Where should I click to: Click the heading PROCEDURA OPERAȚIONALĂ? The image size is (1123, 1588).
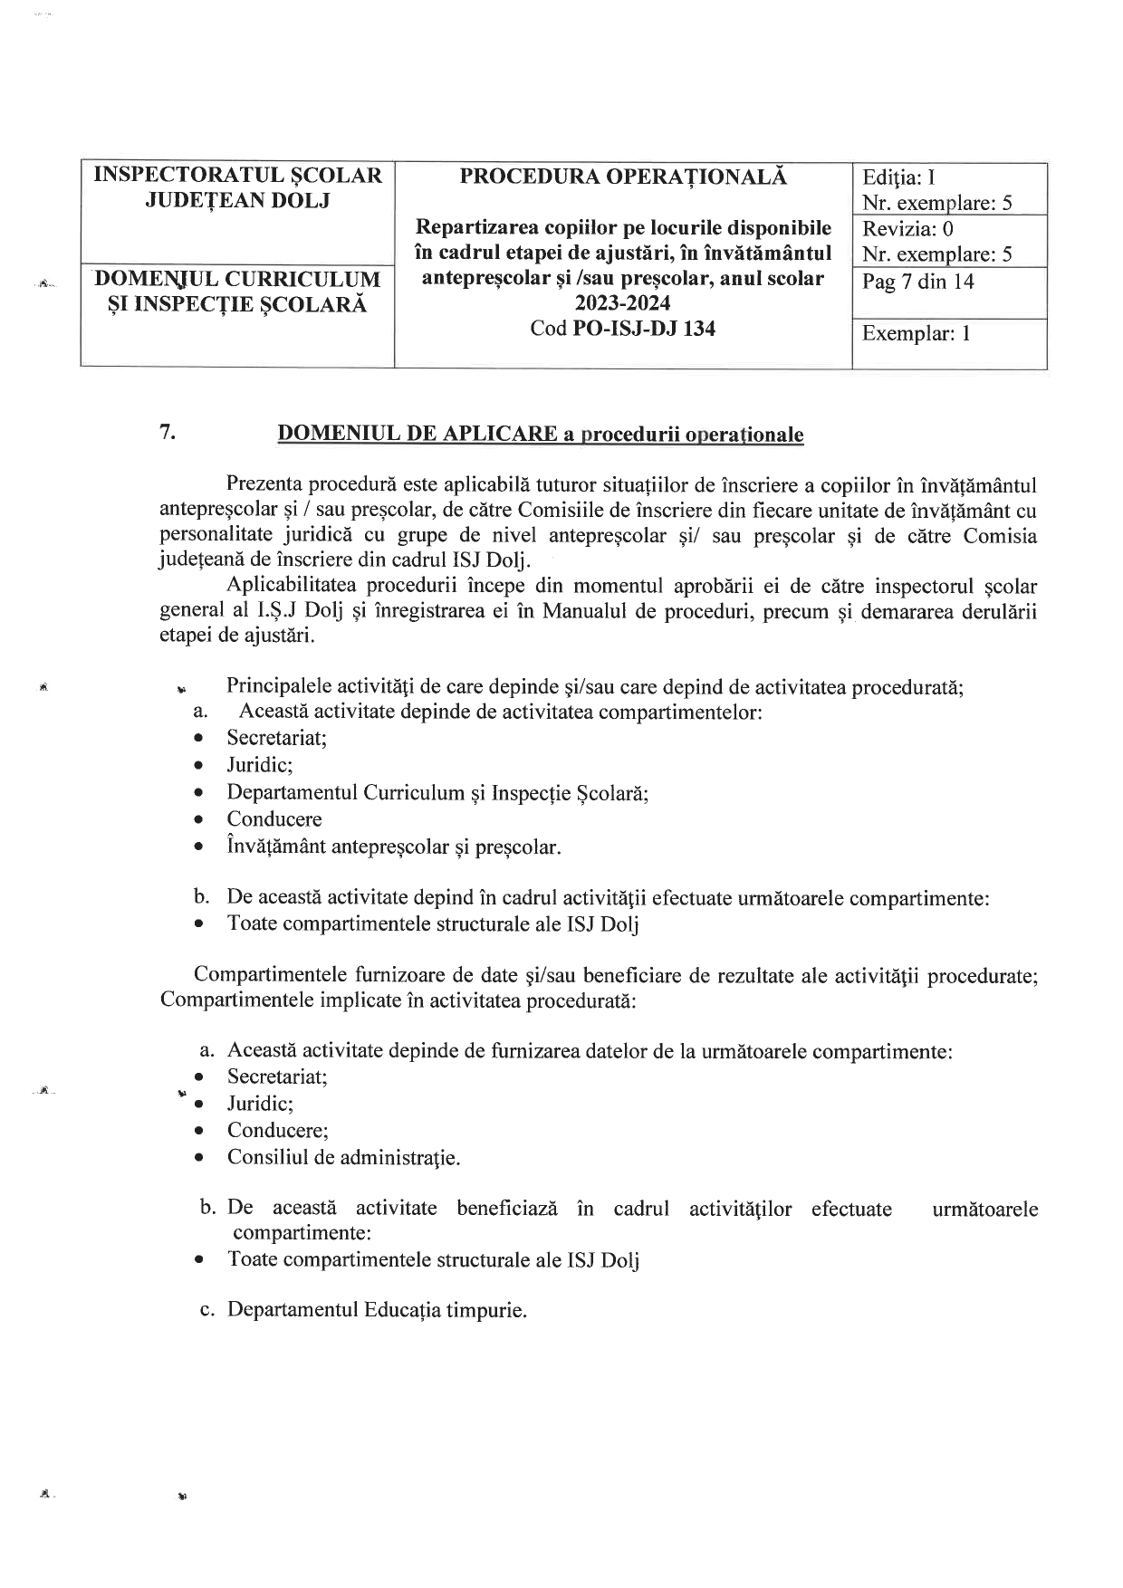[623, 177]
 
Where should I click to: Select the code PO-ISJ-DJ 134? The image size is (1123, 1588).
[644, 329]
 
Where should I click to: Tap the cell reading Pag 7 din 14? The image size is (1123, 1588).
[917, 282]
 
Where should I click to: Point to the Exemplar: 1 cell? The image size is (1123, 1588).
[916, 334]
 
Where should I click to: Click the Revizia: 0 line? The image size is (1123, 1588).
[907, 229]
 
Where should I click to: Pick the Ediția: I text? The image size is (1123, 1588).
[898, 177]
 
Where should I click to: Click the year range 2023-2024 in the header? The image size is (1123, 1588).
[623, 303]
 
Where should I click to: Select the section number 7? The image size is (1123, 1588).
[168, 432]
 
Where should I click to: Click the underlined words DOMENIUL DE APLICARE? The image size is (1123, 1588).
[417, 434]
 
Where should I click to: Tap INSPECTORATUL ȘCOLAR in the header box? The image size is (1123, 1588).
[238, 176]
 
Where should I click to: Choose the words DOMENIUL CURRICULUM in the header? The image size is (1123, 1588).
[238, 279]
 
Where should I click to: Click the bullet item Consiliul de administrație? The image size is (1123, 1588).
[343, 1157]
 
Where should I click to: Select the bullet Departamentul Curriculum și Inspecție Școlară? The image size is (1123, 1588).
[437, 793]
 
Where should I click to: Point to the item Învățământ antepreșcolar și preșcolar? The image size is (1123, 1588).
[394, 847]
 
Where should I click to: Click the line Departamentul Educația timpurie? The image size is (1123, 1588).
[377, 1310]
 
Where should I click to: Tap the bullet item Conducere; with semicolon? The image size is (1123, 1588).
[277, 1130]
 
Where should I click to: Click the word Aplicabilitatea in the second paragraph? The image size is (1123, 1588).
[295, 586]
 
